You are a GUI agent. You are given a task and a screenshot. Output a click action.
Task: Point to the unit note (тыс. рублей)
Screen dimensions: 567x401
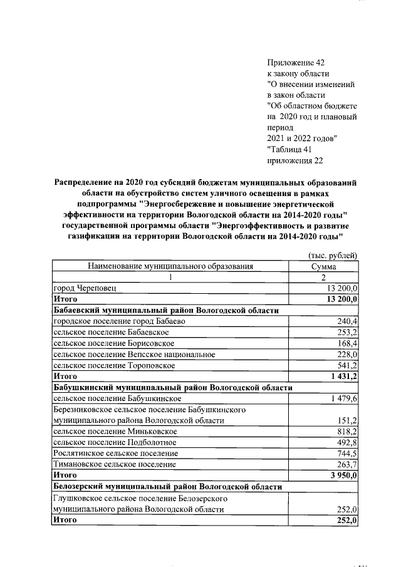coord(333,255)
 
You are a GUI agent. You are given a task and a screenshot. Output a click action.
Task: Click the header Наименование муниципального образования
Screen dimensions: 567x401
coord(170,266)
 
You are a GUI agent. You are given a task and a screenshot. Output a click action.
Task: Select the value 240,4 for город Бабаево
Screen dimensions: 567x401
coord(346,321)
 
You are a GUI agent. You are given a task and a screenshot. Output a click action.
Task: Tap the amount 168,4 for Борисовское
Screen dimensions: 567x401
coord(346,343)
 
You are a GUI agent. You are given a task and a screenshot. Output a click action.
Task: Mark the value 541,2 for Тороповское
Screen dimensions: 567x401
coord(346,365)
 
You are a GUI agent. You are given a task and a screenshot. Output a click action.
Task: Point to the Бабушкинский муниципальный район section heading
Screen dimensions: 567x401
coord(172,388)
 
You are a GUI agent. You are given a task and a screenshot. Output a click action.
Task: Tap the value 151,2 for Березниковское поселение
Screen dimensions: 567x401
coord(346,420)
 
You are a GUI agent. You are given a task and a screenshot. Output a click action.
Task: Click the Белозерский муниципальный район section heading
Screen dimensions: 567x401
coord(167,487)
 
